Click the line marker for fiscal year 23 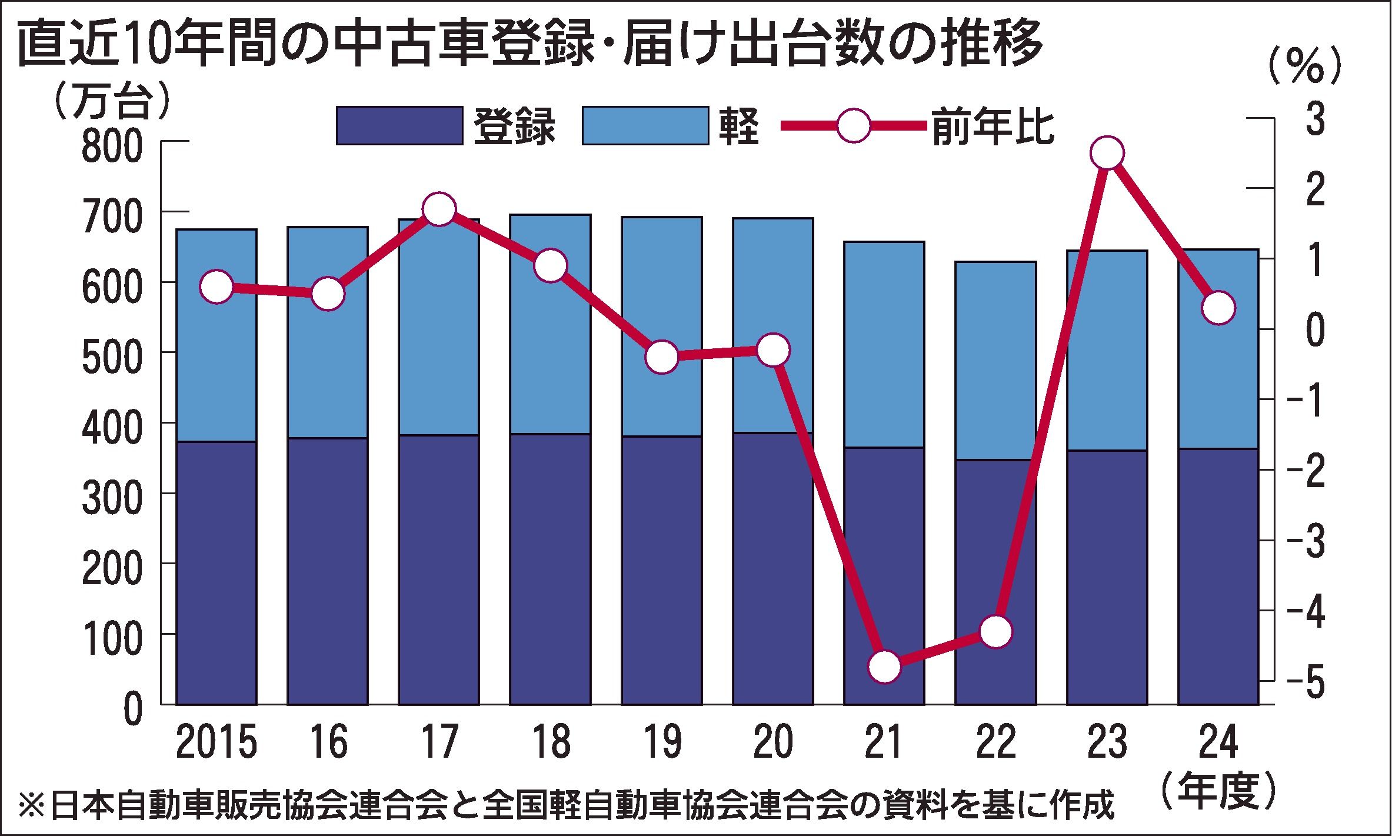(1107, 153)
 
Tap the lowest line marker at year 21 (884, 667)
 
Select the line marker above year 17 (439, 209)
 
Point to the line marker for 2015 (217, 287)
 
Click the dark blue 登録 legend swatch (399, 125)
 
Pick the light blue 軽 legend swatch (645, 125)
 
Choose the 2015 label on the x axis (217, 742)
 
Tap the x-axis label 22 (995, 742)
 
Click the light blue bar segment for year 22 (995, 360)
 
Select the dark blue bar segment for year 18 (550, 568)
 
